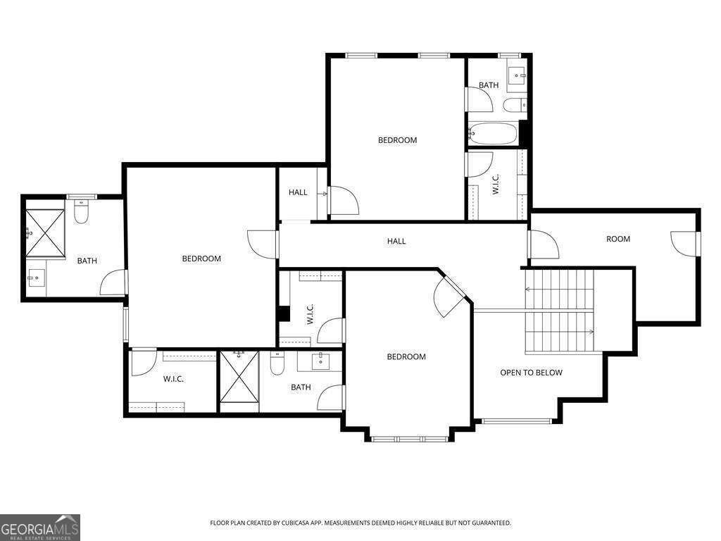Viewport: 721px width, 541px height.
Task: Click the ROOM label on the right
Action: [x=618, y=239]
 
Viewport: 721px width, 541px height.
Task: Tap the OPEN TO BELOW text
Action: [x=531, y=373]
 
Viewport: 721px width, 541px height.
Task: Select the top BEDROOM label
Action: [x=397, y=140]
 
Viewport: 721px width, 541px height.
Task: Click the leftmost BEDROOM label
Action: [x=201, y=259]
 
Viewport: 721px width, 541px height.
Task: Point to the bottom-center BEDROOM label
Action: [x=406, y=356]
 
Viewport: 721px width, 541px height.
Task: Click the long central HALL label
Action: [x=396, y=241]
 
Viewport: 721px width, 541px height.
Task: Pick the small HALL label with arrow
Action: [x=298, y=192]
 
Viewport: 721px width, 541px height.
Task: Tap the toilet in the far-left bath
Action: [x=81, y=212]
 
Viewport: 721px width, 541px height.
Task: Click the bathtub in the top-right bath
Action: [x=494, y=132]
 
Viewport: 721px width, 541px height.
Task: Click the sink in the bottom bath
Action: [x=322, y=361]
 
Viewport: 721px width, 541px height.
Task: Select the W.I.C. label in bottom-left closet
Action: [x=173, y=379]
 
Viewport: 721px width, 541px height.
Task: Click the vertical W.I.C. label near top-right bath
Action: [x=495, y=185]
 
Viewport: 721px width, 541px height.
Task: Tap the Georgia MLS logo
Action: [x=40, y=527]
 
